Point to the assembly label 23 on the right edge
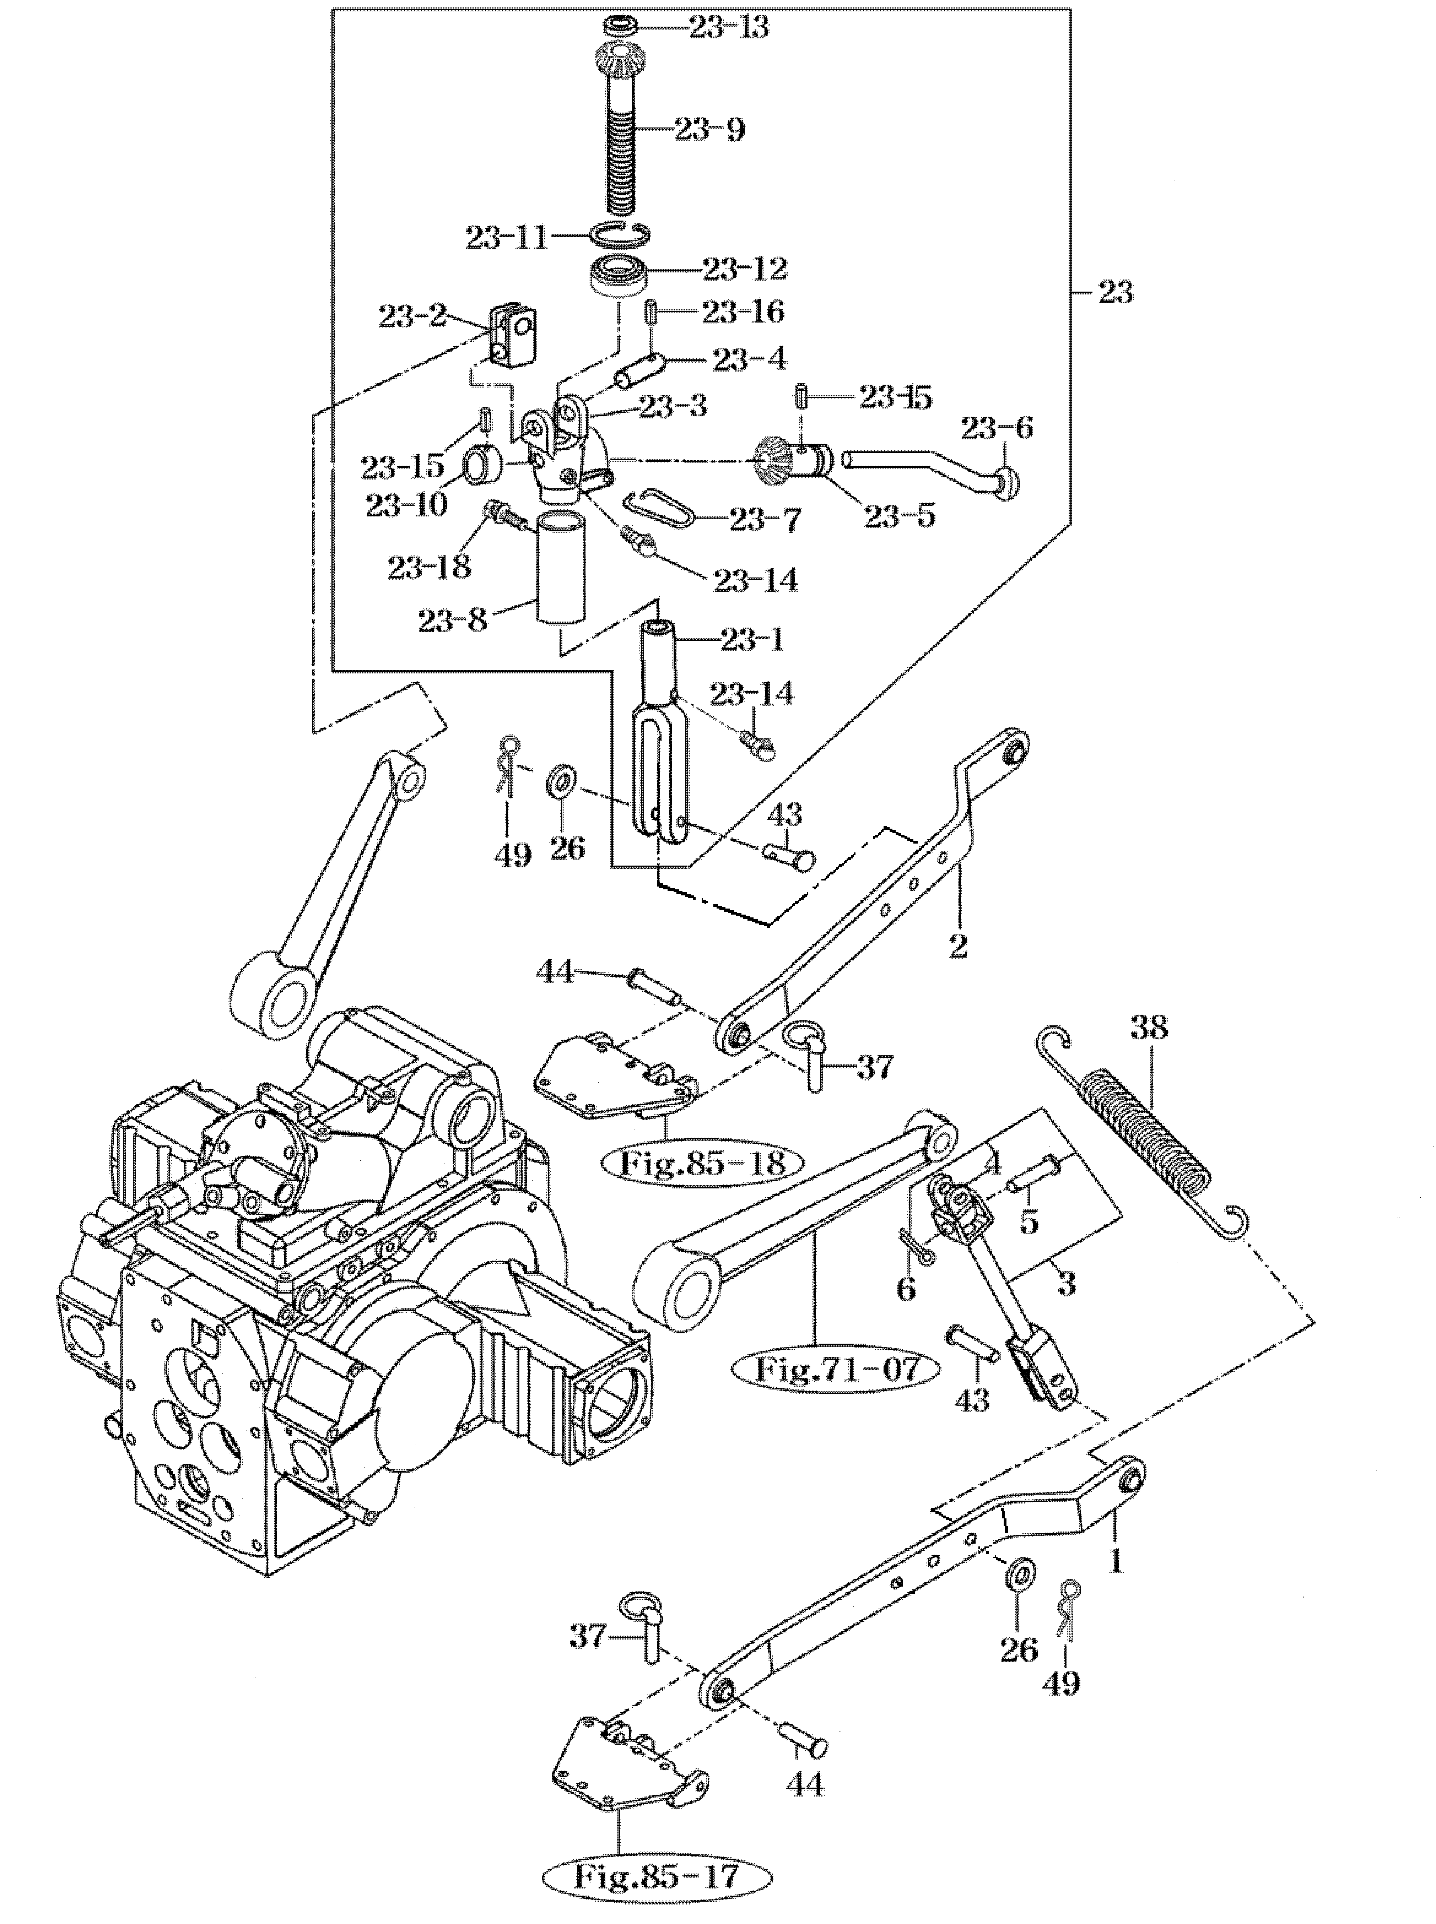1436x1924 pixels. [x=1115, y=293]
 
